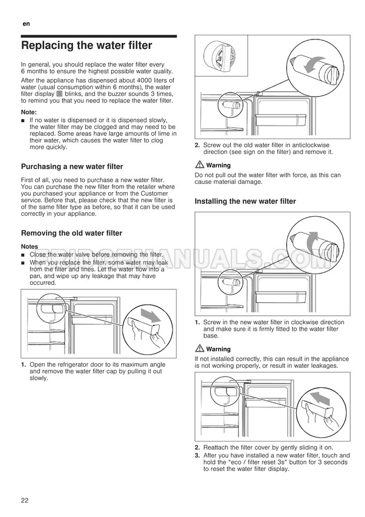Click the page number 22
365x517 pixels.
[25, 500]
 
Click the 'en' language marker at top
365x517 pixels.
[26, 24]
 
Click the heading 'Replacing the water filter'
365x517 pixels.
[87, 45]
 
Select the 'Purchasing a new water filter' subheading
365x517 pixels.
[72, 166]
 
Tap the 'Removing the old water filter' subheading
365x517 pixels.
[71, 233]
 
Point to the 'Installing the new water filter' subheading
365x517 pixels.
[245, 201]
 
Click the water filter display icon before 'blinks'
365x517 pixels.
[59, 94]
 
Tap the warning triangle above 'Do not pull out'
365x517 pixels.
[200, 165]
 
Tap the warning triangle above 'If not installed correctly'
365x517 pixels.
[200, 348]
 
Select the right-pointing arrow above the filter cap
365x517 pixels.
[150, 315]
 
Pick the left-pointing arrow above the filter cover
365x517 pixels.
[321, 398]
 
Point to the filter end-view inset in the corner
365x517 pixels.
[221, 55]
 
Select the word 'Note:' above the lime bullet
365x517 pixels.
[29, 112]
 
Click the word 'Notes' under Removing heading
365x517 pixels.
[29, 246]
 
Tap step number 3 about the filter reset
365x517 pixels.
[197, 456]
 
